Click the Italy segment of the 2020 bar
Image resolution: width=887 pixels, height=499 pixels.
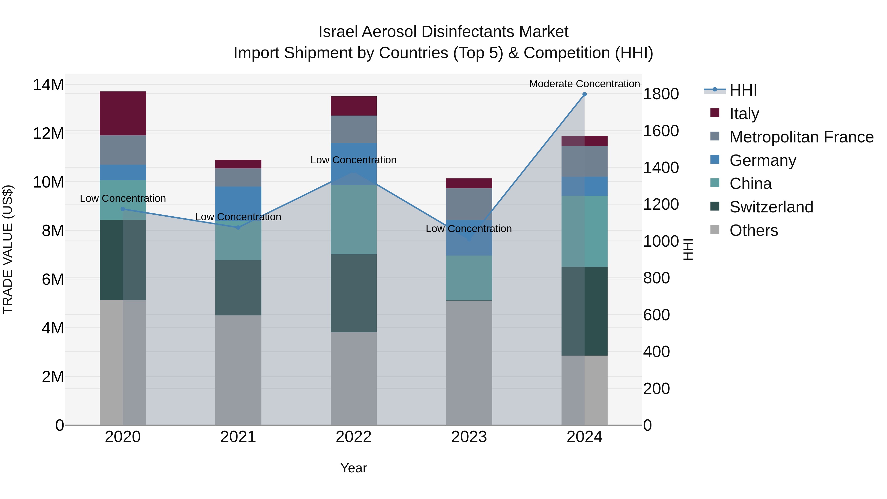[123, 113]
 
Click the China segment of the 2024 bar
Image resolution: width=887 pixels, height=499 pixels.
[584, 231]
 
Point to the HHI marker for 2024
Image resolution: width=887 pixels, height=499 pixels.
[584, 94]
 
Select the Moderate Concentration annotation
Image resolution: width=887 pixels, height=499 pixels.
[584, 84]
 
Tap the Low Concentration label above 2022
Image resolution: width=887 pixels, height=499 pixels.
[353, 160]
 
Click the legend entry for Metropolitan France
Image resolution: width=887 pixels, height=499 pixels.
[801, 137]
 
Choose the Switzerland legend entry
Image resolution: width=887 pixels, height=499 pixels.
[771, 207]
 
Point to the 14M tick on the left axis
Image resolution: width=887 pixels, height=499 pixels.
[48, 85]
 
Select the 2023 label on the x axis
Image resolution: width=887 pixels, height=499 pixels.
[469, 437]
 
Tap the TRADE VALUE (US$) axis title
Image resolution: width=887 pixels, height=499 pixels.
[8, 249]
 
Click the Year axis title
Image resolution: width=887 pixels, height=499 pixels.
[353, 468]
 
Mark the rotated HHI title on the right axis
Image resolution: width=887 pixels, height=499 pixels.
[688, 249]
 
